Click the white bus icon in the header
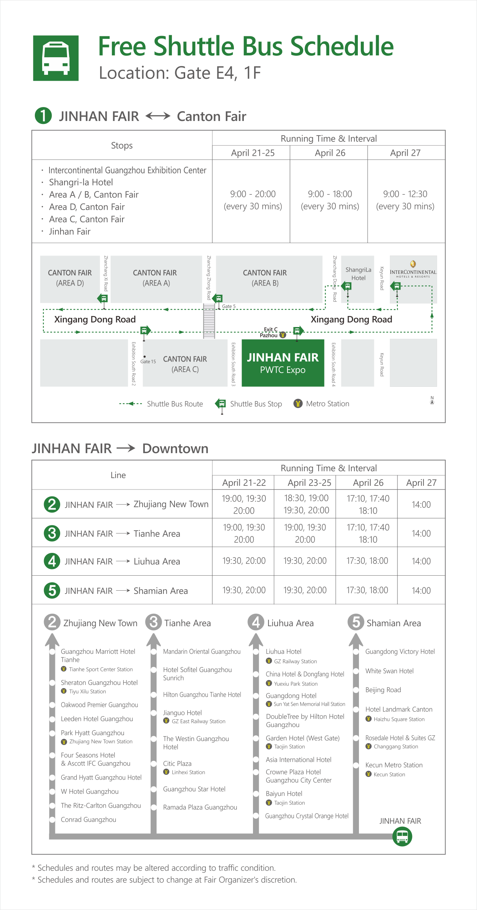tap(56, 58)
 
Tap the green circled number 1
tap(43, 115)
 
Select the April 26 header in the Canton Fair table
tap(330, 153)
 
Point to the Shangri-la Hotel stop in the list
tap(81, 182)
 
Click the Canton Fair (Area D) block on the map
tap(70, 279)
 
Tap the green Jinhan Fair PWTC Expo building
tap(283, 363)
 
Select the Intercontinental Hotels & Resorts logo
tap(413, 269)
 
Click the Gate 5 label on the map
tap(229, 306)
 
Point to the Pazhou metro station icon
tap(283, 335)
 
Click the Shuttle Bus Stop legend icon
tap(221, 405)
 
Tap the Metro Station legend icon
tap(298, 404)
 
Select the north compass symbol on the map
tap(432, 400)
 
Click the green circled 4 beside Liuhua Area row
tap(52, 561)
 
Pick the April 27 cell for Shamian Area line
tap(421, 590)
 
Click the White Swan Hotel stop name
tap(389, 671)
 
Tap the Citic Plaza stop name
tap(177, 763)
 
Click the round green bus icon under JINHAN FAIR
tap(402, 837)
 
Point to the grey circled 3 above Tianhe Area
tap(154, 622)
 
